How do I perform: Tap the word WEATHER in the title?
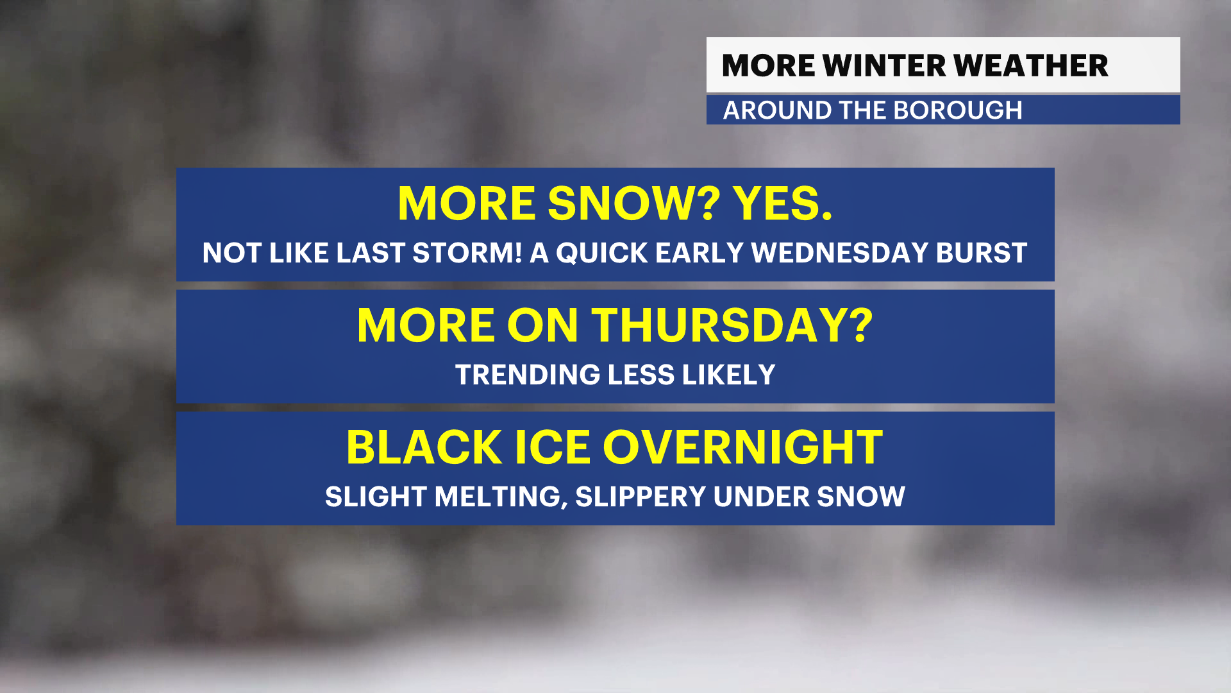pos(1031,65)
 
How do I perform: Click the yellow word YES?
pos(783,203)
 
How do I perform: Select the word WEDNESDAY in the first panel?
pos(839,253)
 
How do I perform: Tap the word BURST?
pos(982,253)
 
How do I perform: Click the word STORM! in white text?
pos(467,253)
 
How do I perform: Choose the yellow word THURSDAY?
pos(732,325)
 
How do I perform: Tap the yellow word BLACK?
pos(424,447)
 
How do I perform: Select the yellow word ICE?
pos(552,447)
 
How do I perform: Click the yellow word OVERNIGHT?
pos(742,447)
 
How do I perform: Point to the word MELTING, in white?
pos(501,497)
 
